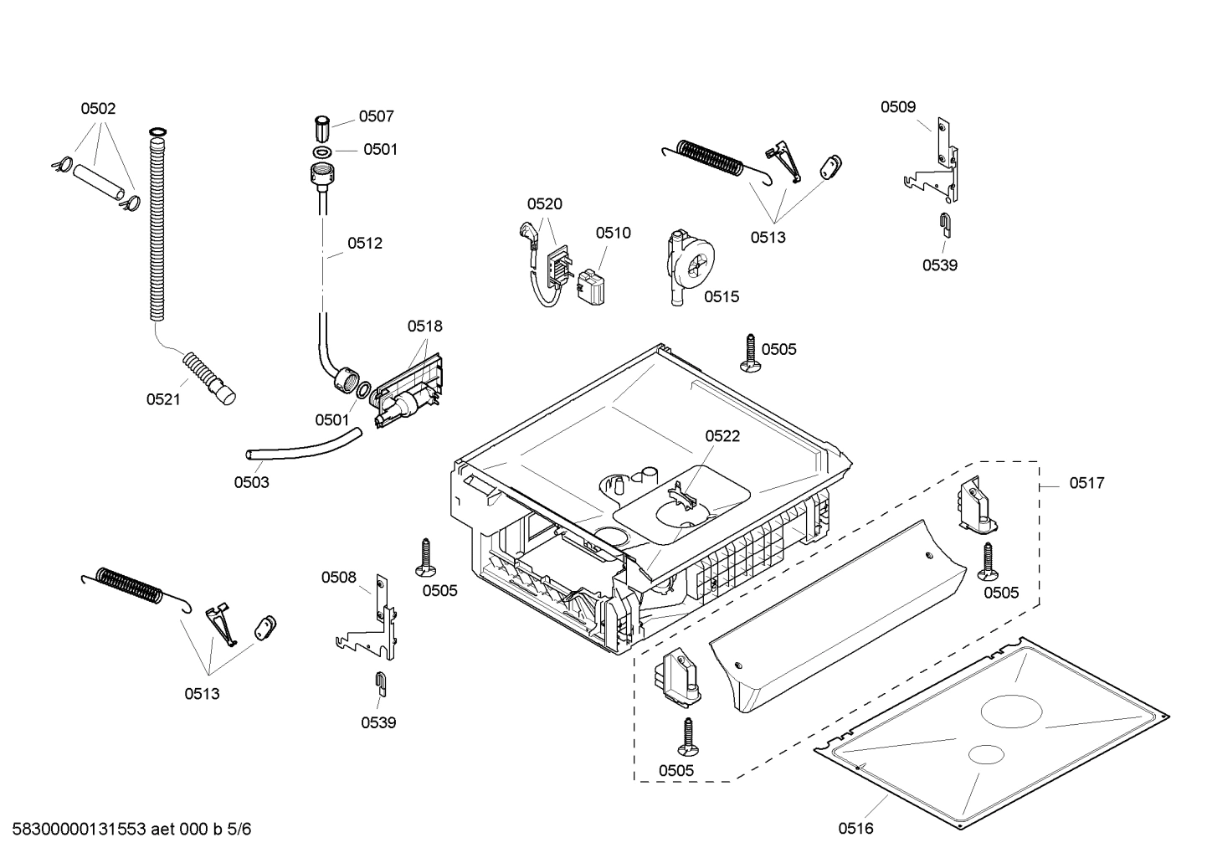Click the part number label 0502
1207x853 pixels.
98,108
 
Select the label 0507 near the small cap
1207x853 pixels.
376,116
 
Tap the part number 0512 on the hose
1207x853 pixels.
365,244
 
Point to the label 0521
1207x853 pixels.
163,399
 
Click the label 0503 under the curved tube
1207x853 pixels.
251,482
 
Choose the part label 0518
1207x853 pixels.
424,326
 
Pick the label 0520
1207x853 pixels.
544,203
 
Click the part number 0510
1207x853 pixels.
613,233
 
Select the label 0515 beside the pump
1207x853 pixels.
721,296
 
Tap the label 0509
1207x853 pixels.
897,106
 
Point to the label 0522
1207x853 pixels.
722,436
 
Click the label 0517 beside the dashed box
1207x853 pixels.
1086,483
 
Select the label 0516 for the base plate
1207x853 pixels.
855,828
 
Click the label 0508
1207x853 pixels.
339,577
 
